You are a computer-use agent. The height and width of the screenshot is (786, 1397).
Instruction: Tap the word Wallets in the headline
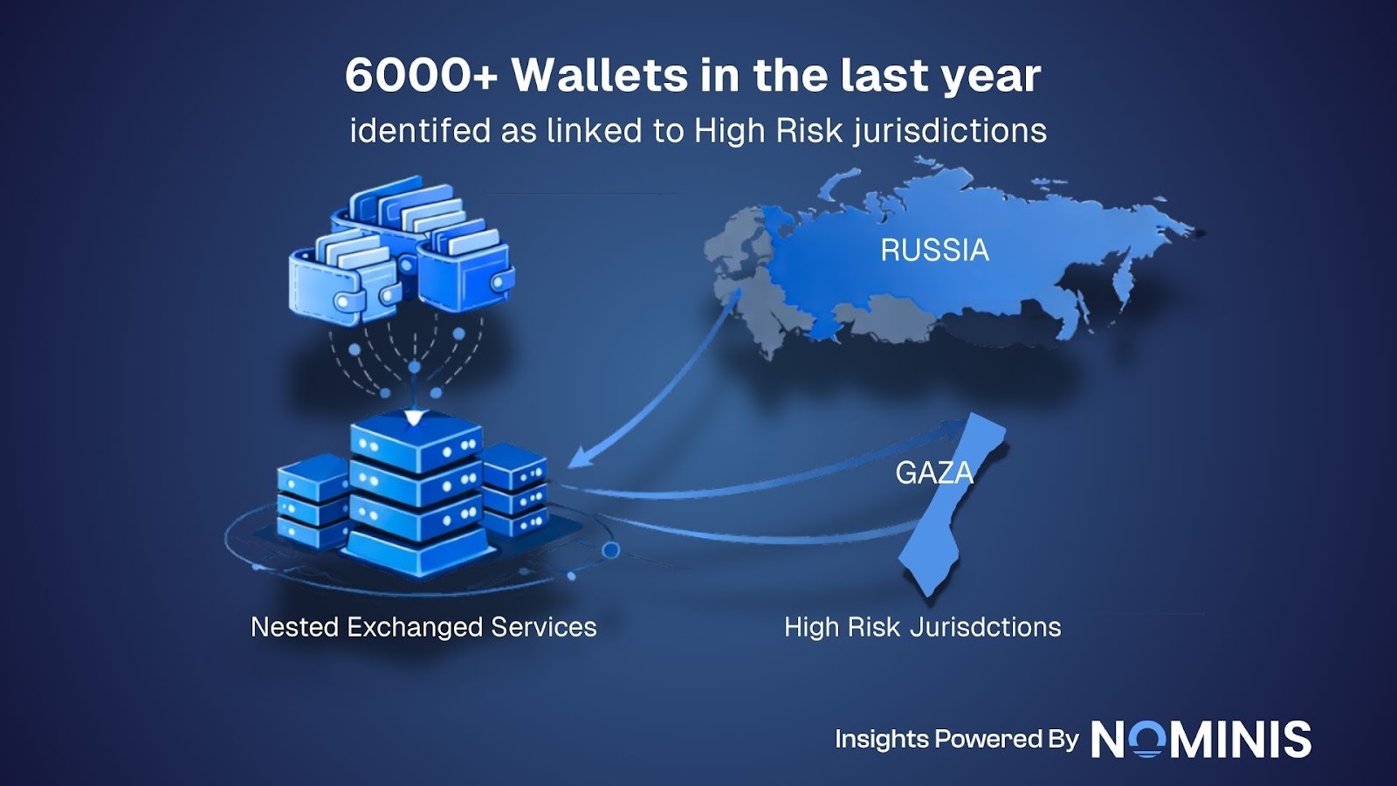click(x=599, y=76)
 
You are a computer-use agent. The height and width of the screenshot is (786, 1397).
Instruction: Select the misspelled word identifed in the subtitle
click(x=420, y=131)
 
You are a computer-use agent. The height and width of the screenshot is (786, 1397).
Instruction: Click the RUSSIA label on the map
click(x=934, y=251)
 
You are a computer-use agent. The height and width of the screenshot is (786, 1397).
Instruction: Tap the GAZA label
click(x=933, y=472)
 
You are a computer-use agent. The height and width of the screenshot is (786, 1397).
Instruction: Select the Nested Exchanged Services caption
click(x=423, y=627)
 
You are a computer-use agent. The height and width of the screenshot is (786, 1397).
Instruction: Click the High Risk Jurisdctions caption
click(x=922, y=627)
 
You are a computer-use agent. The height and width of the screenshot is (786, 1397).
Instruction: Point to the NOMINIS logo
click(x=1201, y=740)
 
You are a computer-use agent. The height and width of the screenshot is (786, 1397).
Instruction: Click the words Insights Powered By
click(x=956, y=739)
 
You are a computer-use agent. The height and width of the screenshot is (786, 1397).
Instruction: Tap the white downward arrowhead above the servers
click(x=414, y=418)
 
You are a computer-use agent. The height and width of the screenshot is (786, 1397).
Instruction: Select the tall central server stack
click(x=416, y=498)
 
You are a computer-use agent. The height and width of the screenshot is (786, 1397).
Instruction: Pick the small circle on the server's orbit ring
click(x=611, y=550)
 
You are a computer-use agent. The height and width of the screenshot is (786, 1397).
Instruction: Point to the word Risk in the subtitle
click(x=809, y=131)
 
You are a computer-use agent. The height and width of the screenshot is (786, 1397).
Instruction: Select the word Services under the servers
click(x=543, y=627)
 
